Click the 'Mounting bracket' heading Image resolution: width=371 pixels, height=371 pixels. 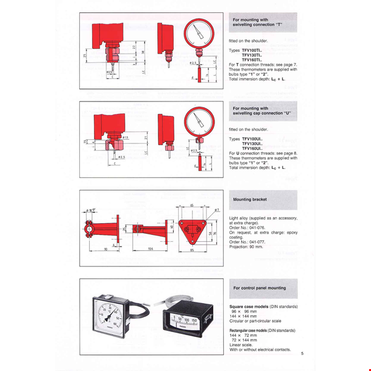click(x=250, y=200)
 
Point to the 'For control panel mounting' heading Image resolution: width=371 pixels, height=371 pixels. click(x=260, y=288)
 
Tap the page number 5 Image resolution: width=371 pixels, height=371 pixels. click(x=302, y=354)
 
